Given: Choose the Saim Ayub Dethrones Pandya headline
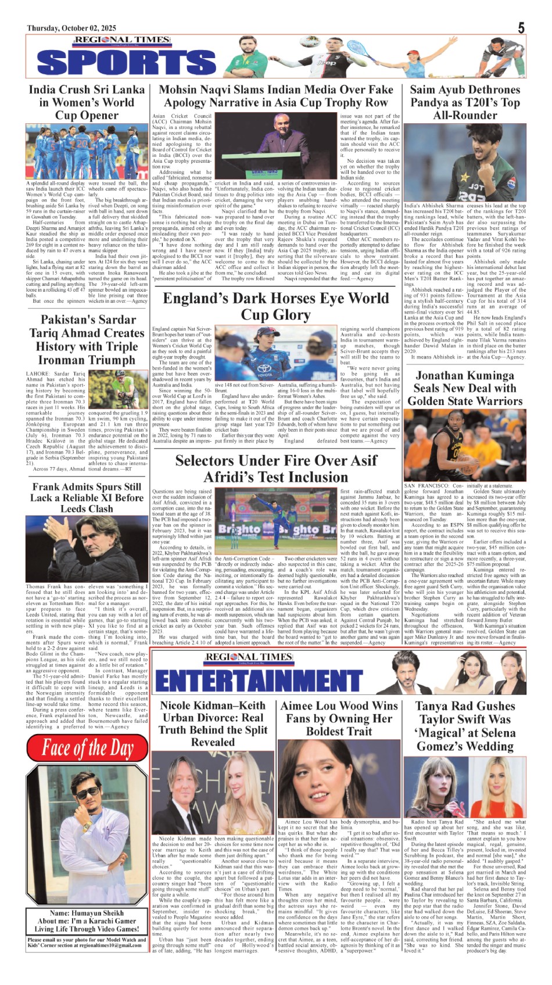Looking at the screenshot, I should click(465, 102).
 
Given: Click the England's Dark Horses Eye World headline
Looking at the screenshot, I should click(276, 306).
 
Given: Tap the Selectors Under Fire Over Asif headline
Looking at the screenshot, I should click(276, 468).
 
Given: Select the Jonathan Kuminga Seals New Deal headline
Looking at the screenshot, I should click(465, 388).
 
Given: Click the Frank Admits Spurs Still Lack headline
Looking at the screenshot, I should click(87, 497).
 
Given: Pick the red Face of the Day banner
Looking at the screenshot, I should click(87, 748).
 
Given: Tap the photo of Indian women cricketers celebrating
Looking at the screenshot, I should click(87, 152).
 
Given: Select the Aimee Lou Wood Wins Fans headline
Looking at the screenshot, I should click(339, 718).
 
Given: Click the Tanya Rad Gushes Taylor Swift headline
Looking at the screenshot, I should click(465, 726).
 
